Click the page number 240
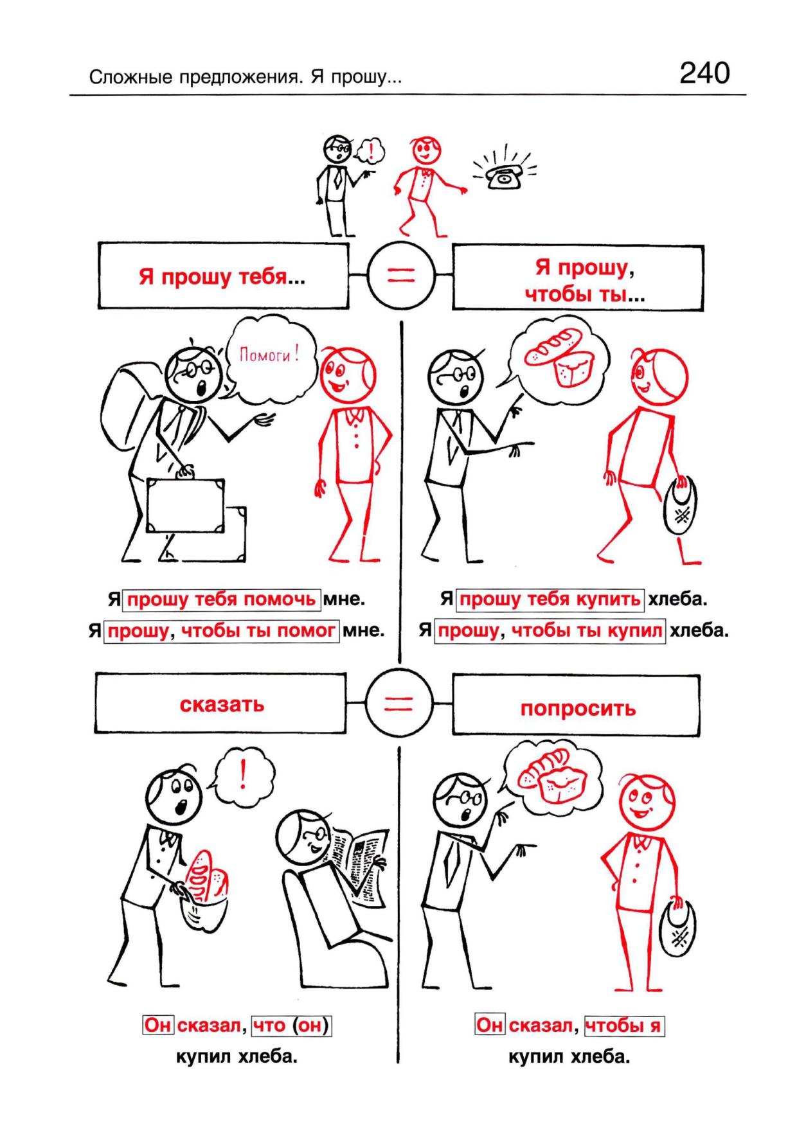click(x=704, y=73)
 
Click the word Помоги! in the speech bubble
click(x=269, y=354)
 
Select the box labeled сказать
click(x=221, y=704)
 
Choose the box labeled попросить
click(x=577, y=705)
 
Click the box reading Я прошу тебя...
click(x=223, y=276)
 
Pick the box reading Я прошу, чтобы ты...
click(x=578, y=278)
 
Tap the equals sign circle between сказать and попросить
click(x=399, y=704)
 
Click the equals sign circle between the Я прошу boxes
click(x=401, y=276)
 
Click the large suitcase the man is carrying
click(x=186, y=506)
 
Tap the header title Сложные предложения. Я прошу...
click(x=246, y=78)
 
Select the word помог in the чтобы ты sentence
click(x=314, y=631)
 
